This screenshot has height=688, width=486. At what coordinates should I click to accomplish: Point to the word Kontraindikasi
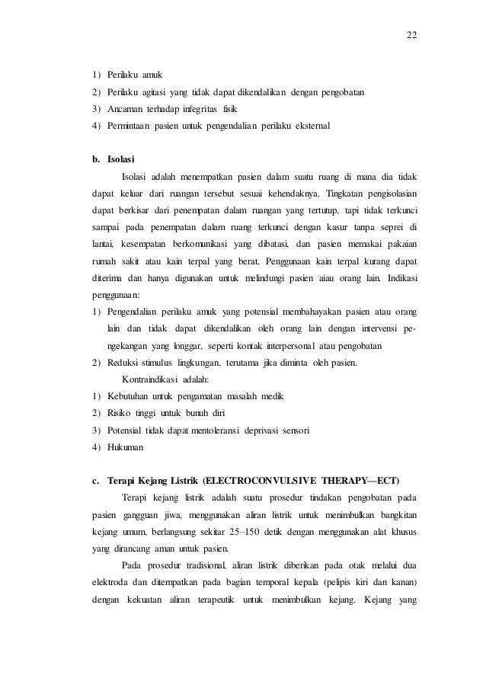(x=152, y=379)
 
